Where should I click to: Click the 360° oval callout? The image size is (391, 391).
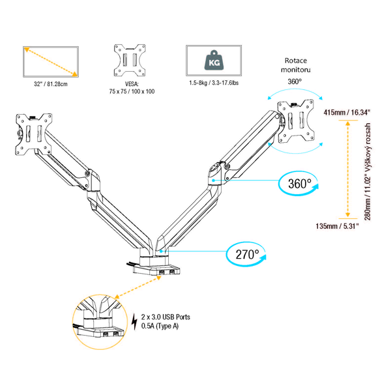pos(299,183)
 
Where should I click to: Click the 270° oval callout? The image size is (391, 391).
pos(248,253)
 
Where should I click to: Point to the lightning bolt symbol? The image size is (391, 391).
pos(136,322)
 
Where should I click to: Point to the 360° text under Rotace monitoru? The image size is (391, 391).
pos(295,81)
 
